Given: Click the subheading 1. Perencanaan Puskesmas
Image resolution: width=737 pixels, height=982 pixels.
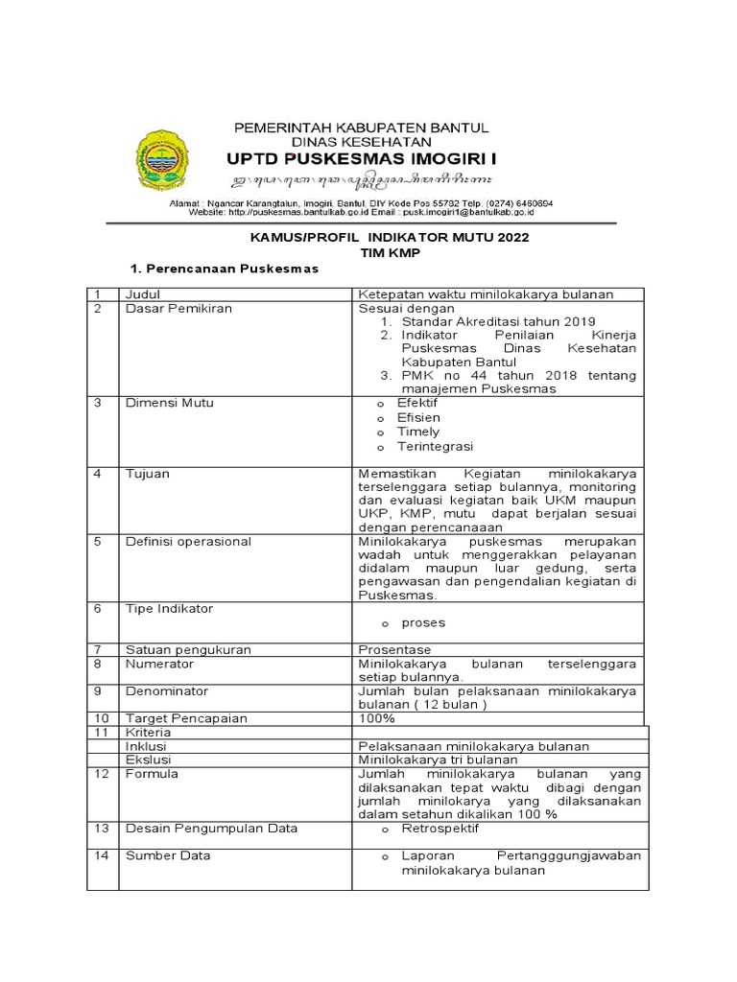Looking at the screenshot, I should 224,269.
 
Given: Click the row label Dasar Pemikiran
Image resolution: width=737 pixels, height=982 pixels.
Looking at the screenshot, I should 178,309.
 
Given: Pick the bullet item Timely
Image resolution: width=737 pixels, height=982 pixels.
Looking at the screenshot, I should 418,432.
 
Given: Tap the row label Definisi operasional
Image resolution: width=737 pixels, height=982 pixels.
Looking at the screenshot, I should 188,541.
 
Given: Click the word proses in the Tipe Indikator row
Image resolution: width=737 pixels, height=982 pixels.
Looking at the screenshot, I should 423,622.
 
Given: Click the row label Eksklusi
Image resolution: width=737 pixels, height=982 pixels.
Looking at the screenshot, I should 148,760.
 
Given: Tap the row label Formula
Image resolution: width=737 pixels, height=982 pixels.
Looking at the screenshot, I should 152,774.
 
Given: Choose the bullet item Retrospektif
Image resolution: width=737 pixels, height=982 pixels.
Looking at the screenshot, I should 440,829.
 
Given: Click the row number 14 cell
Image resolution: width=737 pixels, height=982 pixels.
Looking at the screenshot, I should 100,855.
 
